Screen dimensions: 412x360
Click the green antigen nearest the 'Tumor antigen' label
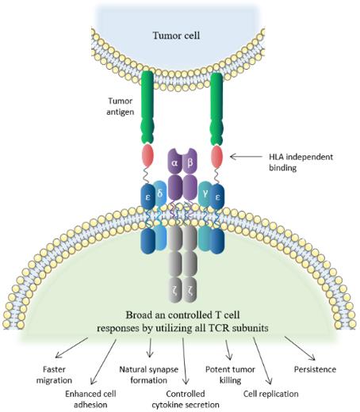[147, 103]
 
